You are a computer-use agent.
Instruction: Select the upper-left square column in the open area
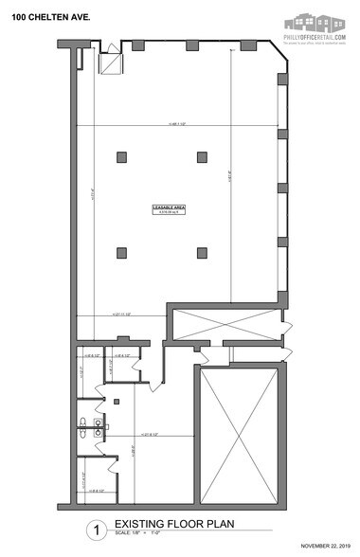[x=121, y=157]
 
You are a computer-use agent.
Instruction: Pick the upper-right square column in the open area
[x=201, y=157]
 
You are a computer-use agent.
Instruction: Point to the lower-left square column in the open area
[x=121, y=251]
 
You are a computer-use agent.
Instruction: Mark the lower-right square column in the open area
[x=201, y=251]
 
